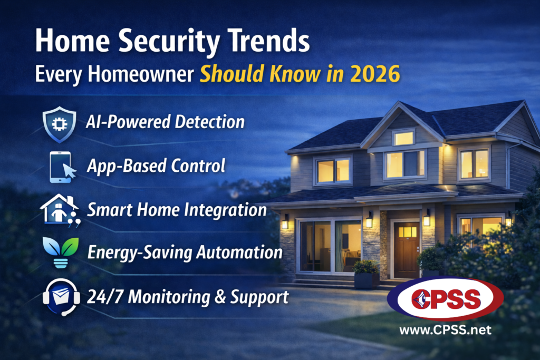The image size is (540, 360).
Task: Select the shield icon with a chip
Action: tap(59, 124)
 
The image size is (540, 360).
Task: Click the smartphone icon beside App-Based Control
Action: tap(62, 167)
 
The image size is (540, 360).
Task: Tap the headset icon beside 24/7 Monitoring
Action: tap(61, 297)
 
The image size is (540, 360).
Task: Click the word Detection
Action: tap(209, 122)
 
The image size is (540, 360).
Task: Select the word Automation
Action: tap(239, 252)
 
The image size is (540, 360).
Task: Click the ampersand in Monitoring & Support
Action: tap(220, 296)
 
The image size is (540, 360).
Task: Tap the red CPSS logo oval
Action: tap(445, 298)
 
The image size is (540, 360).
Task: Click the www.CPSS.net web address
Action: tap(445, 330)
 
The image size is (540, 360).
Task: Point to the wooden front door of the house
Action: tap(407, 250)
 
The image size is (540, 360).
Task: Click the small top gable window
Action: tap(403, 138)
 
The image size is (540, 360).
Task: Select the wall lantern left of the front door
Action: tap(369, 220)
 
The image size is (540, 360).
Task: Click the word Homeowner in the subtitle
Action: tap(140, 74)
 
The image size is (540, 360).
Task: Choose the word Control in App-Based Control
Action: tap(198, 166)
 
